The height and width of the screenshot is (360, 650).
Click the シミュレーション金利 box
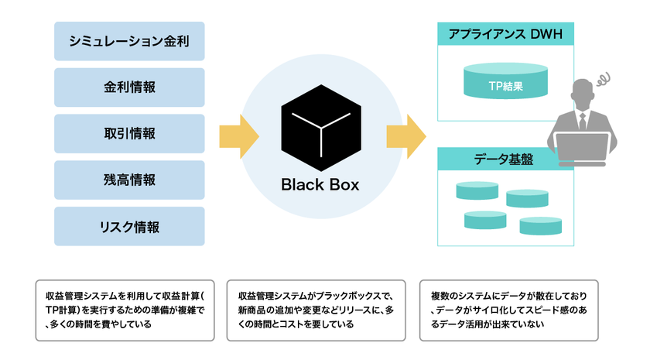coord(129,41)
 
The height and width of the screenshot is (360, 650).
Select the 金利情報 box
coord(129,87)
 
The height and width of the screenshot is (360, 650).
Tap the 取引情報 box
coord(129,133)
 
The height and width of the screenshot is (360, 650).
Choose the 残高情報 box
coord(129,180)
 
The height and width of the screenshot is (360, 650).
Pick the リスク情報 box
coord(129,226)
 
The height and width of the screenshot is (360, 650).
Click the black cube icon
coord(321,128)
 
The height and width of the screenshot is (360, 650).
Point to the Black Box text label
coord(320,185)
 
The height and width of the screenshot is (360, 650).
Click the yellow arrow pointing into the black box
coord(239,136)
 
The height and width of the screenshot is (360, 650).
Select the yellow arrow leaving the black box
coord(406,136)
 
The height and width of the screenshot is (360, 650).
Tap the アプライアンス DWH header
coord(506,33)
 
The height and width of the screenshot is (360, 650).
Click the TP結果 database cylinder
coord(506,81)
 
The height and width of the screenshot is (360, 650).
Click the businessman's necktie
coord(583,122)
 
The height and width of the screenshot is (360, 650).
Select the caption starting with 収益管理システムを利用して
coord(125,310)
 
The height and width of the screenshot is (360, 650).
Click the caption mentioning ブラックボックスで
coord(316,310)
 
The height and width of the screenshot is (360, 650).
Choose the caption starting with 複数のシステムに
coord(508,310)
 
